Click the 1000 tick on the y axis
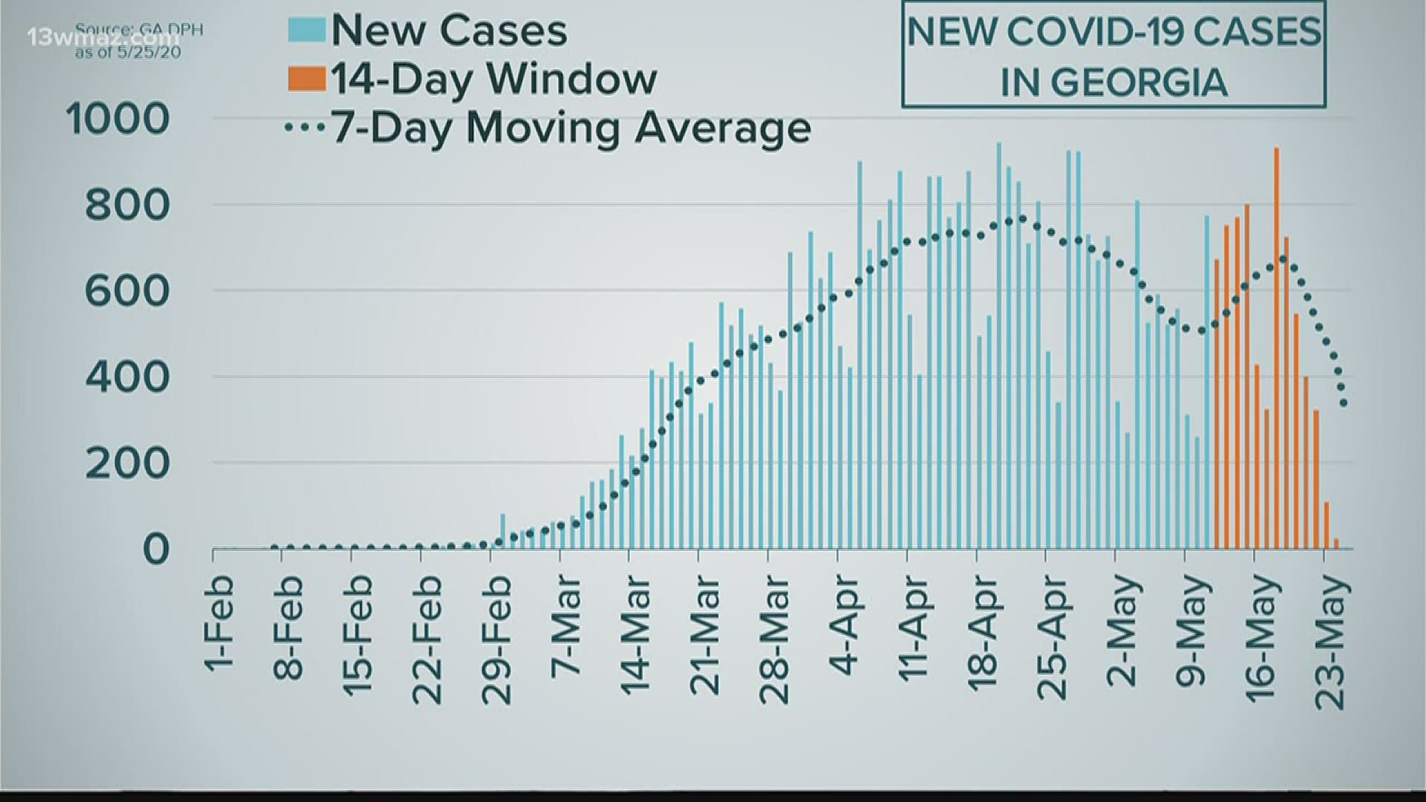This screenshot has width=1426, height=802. coord(118,119)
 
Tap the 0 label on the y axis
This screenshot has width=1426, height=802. coord(156,550)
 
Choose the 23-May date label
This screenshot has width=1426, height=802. coord(1332,643)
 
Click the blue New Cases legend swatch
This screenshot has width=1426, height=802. coord(307,30)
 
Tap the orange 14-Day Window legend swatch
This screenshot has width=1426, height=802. coord(307,79)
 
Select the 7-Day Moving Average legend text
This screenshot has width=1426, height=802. coord(570,128)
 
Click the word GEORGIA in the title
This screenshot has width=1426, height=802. coord(1114,82)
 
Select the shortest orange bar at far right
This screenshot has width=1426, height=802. coord(1336,544)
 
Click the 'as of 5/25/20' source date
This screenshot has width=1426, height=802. coord(128,53)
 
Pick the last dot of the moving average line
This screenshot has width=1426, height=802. coord(1344,404)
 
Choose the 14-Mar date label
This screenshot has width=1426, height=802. coord(636,635)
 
